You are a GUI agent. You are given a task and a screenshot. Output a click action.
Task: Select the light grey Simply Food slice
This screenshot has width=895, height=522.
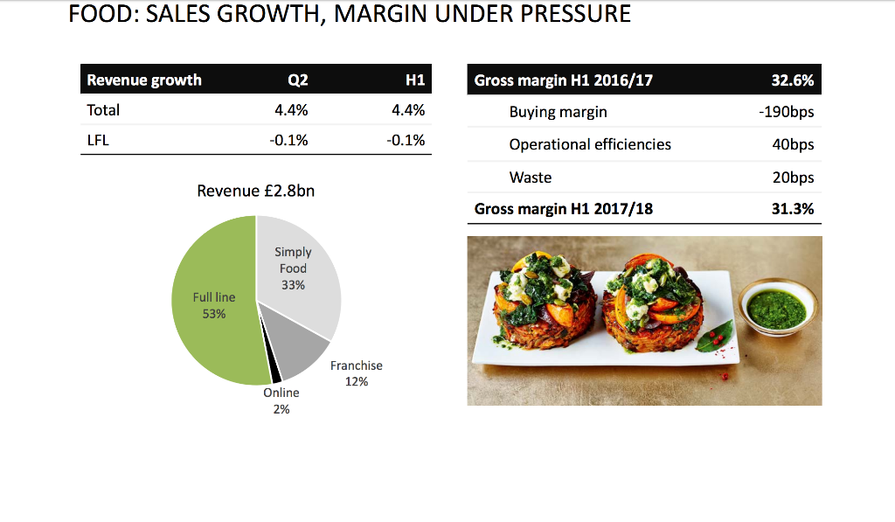coord(297,275)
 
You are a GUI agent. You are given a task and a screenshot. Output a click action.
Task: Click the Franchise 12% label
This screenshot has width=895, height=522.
coord(357,373)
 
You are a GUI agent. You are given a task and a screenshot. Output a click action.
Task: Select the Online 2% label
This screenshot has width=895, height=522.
coord(281,400)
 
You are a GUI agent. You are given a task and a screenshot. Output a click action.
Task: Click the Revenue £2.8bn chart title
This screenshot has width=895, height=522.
coord(256,191)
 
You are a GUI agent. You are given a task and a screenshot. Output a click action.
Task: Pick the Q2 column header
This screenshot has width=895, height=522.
coord(297,80)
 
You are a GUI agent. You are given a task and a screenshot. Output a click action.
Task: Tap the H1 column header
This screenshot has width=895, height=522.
coord(415,80)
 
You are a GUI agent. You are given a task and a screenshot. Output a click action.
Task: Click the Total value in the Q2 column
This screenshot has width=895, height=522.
coord(291,110)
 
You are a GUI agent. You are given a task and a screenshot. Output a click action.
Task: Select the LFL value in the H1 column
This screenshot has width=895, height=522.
coord(406,140)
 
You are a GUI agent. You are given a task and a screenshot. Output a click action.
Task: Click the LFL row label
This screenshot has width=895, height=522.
coord(98,140)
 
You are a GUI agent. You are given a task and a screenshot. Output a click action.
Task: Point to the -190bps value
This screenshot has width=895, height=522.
coord(786,112)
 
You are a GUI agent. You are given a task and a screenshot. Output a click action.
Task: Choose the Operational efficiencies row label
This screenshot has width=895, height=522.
coord(590,144)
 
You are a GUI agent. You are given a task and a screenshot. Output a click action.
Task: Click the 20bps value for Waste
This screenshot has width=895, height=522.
coord(793,177)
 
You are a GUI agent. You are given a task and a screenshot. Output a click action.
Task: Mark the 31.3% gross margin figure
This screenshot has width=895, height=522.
coord(792,209)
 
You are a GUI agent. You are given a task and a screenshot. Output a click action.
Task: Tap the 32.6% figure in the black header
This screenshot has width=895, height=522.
coord(792,80)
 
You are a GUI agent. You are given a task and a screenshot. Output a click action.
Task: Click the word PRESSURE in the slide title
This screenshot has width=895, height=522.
coord(575,14)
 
